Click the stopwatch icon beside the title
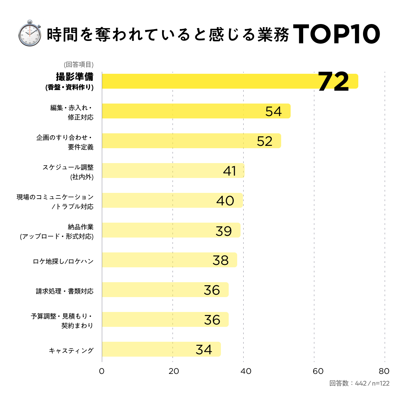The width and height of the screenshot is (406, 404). [x=30, y=33]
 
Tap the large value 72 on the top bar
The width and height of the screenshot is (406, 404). [x=333, y=82]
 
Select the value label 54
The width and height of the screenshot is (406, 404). [x=273, y=111]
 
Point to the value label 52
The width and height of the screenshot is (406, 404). [x=265, y=141]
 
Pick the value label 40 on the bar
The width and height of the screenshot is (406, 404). [x=225, y=201]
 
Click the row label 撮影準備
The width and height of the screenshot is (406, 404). [x=74, y=77]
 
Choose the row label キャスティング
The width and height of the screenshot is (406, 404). [x=71, y=351]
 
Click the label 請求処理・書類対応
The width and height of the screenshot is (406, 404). [x=65, y=291]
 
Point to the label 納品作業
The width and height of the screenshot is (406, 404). [x=81, y=227]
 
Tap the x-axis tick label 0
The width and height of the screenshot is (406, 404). [x=101, y=371]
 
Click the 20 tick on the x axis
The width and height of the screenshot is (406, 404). [x=174, y=371]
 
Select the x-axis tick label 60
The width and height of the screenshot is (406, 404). [x=318, y=371]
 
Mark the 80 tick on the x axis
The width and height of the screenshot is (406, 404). [x=384, y=371]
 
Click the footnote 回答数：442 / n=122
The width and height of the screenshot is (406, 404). [x=359, y=383]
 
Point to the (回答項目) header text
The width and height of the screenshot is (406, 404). [x=78, y=65]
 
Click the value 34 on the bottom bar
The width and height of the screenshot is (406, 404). [x=204, y=350]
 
